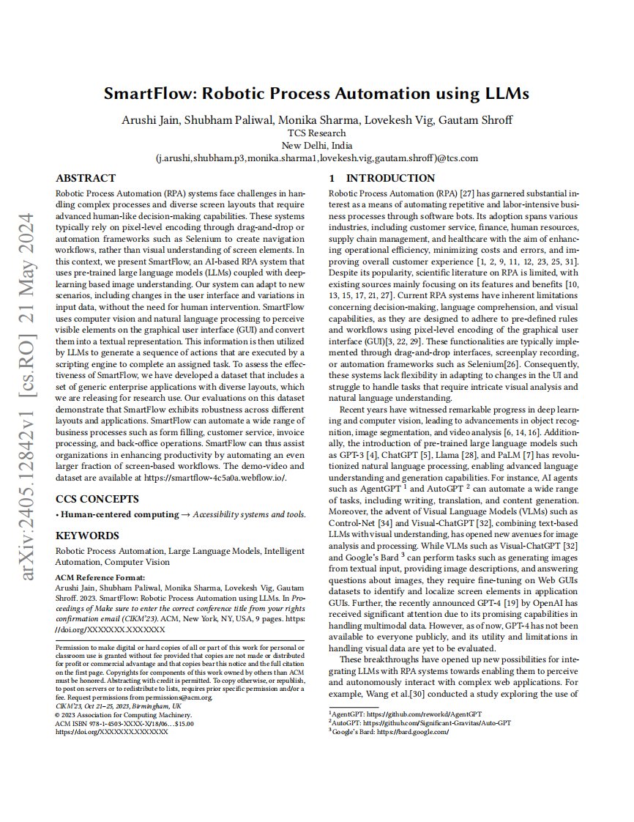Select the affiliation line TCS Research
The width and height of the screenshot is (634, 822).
click(x=316, y=133)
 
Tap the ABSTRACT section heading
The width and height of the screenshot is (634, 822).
click(x=86, y=178)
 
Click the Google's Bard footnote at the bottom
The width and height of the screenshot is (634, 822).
click(x=389, y=731)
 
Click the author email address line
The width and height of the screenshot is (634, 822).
click(x=316, y=158)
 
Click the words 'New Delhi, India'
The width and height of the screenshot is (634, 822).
click(x=316, y=145)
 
